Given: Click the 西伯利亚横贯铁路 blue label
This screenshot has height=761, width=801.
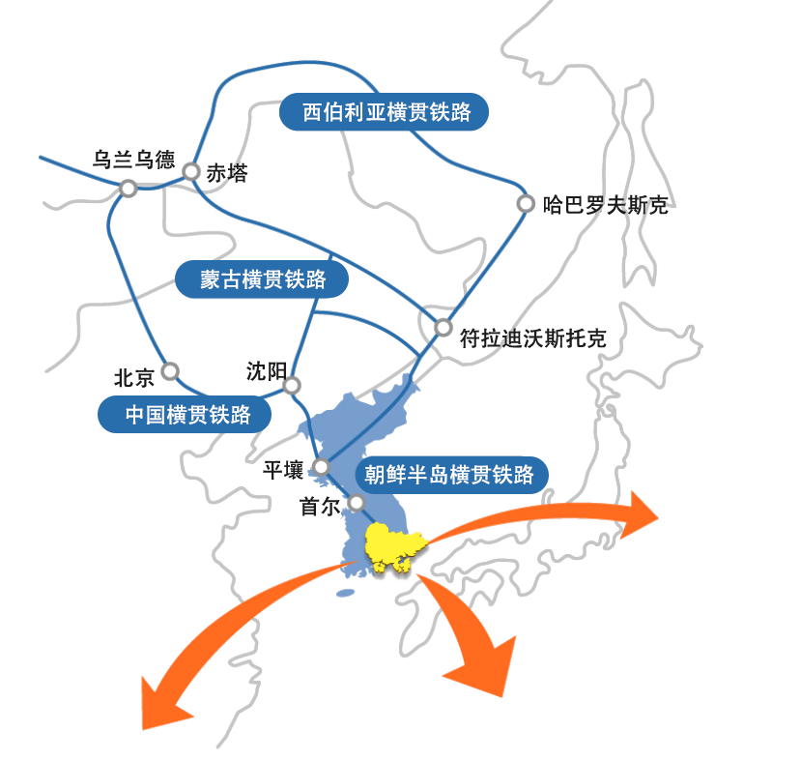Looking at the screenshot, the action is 384,111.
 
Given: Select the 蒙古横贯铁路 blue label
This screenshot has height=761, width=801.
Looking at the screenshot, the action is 262,279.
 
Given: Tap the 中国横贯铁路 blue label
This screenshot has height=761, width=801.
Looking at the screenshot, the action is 185,414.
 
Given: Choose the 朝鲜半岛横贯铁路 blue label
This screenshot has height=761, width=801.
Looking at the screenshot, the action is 451,475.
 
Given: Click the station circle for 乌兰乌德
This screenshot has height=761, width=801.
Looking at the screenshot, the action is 129,189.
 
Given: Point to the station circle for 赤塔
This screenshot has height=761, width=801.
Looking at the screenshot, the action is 191,172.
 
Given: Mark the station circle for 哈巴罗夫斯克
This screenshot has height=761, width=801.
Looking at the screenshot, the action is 526,203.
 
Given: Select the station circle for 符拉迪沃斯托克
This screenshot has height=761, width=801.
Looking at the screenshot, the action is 443,327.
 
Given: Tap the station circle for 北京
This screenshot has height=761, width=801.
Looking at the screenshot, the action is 170,371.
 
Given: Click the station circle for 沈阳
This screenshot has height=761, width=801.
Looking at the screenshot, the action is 292,386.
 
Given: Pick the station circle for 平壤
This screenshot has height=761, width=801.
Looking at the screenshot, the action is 322,467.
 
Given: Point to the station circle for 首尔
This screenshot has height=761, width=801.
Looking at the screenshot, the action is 357,503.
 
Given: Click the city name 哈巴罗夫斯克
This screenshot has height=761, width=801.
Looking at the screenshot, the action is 606,205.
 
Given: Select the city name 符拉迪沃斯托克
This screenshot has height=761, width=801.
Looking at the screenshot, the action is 532,338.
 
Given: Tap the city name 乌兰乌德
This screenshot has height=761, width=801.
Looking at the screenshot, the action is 133,160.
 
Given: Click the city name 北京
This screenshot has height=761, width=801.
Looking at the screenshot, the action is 134,378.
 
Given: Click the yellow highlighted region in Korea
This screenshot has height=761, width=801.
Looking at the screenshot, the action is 394,545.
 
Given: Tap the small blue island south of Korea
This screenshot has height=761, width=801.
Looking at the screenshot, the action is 346,594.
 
